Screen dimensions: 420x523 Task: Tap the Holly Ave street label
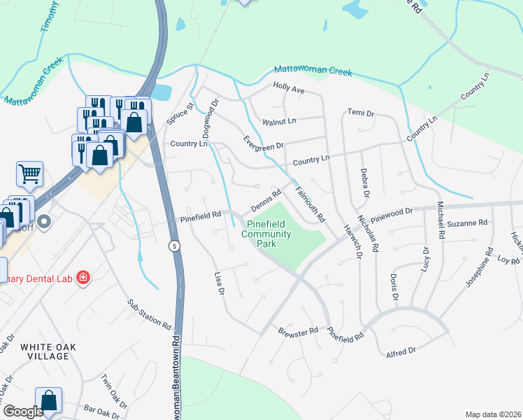click(x=289, y=90)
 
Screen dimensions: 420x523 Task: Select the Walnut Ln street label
click(x=279, y=121)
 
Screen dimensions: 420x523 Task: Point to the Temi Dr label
click(x=361, y=113)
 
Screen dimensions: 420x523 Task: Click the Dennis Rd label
click(x=266, y=200)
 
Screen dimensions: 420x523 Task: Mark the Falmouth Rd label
click(x=310, y=204)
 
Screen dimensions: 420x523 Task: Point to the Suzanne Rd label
click(x=466, y=223)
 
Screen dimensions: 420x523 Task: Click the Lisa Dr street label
click(x=219, y=282)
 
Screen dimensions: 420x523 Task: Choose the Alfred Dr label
click(x=401, y=351)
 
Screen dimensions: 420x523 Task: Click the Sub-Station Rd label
click(x=149, y=315)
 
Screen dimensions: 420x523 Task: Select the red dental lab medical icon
click(x=83, y=278)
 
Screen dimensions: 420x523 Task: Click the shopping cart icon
click(x=29, y=173)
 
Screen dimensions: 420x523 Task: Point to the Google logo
click(x=24, y=412)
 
